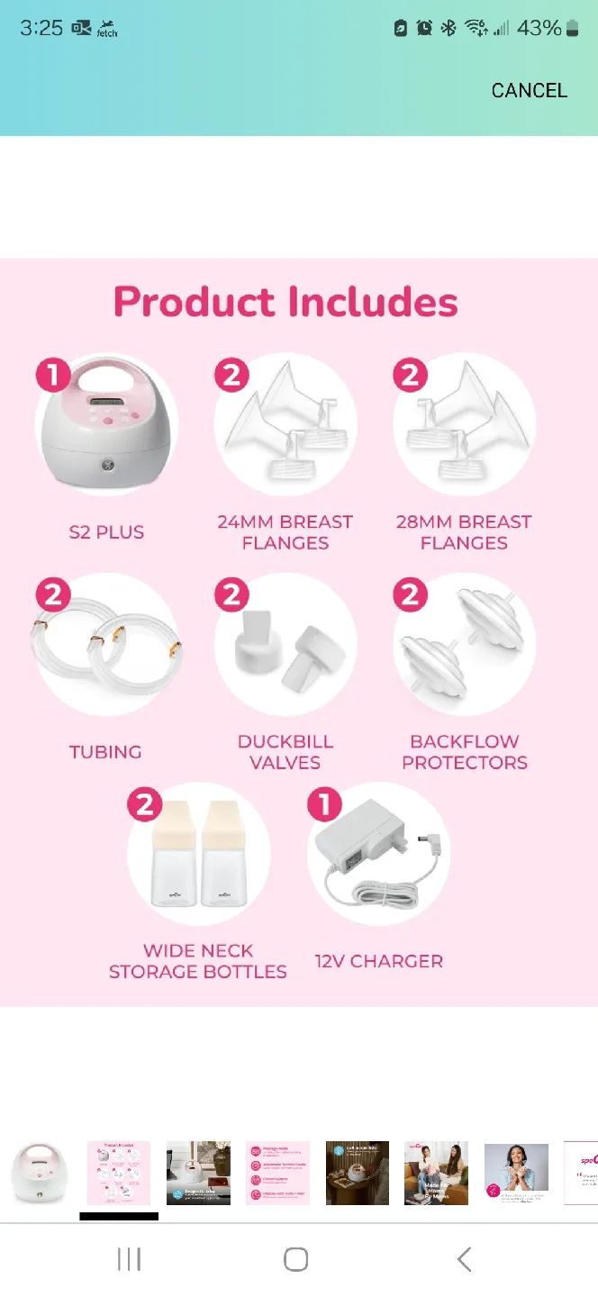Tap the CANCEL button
pos(529,90)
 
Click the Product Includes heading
pos(285,303)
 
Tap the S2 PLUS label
pos(106,532)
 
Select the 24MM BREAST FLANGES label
pos(285,532)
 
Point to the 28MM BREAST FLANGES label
pos(464,532)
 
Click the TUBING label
pos(105,752)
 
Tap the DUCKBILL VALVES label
pos(285,752)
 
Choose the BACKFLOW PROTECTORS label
pos(465,752)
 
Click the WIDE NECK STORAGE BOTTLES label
pos(198,961)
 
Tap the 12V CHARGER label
pos(378,961)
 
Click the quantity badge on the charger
pos(325,804)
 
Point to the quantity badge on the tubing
pos(53,595)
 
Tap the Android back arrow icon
pos(464,1259)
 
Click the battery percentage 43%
pos(539,28)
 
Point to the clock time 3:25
pos(41,28)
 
